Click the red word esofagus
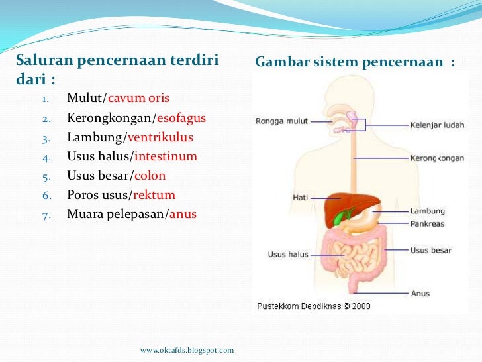click(181, 119)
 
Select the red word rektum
click(154, 195)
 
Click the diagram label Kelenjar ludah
click(437, 125)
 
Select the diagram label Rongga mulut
click(281, 121)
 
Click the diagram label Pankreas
click(427, 224)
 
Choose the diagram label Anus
click(420, 292)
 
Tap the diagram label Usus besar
click(431, 250)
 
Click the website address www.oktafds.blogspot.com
click(187, 349)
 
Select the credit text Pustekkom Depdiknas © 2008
click(313, 306)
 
